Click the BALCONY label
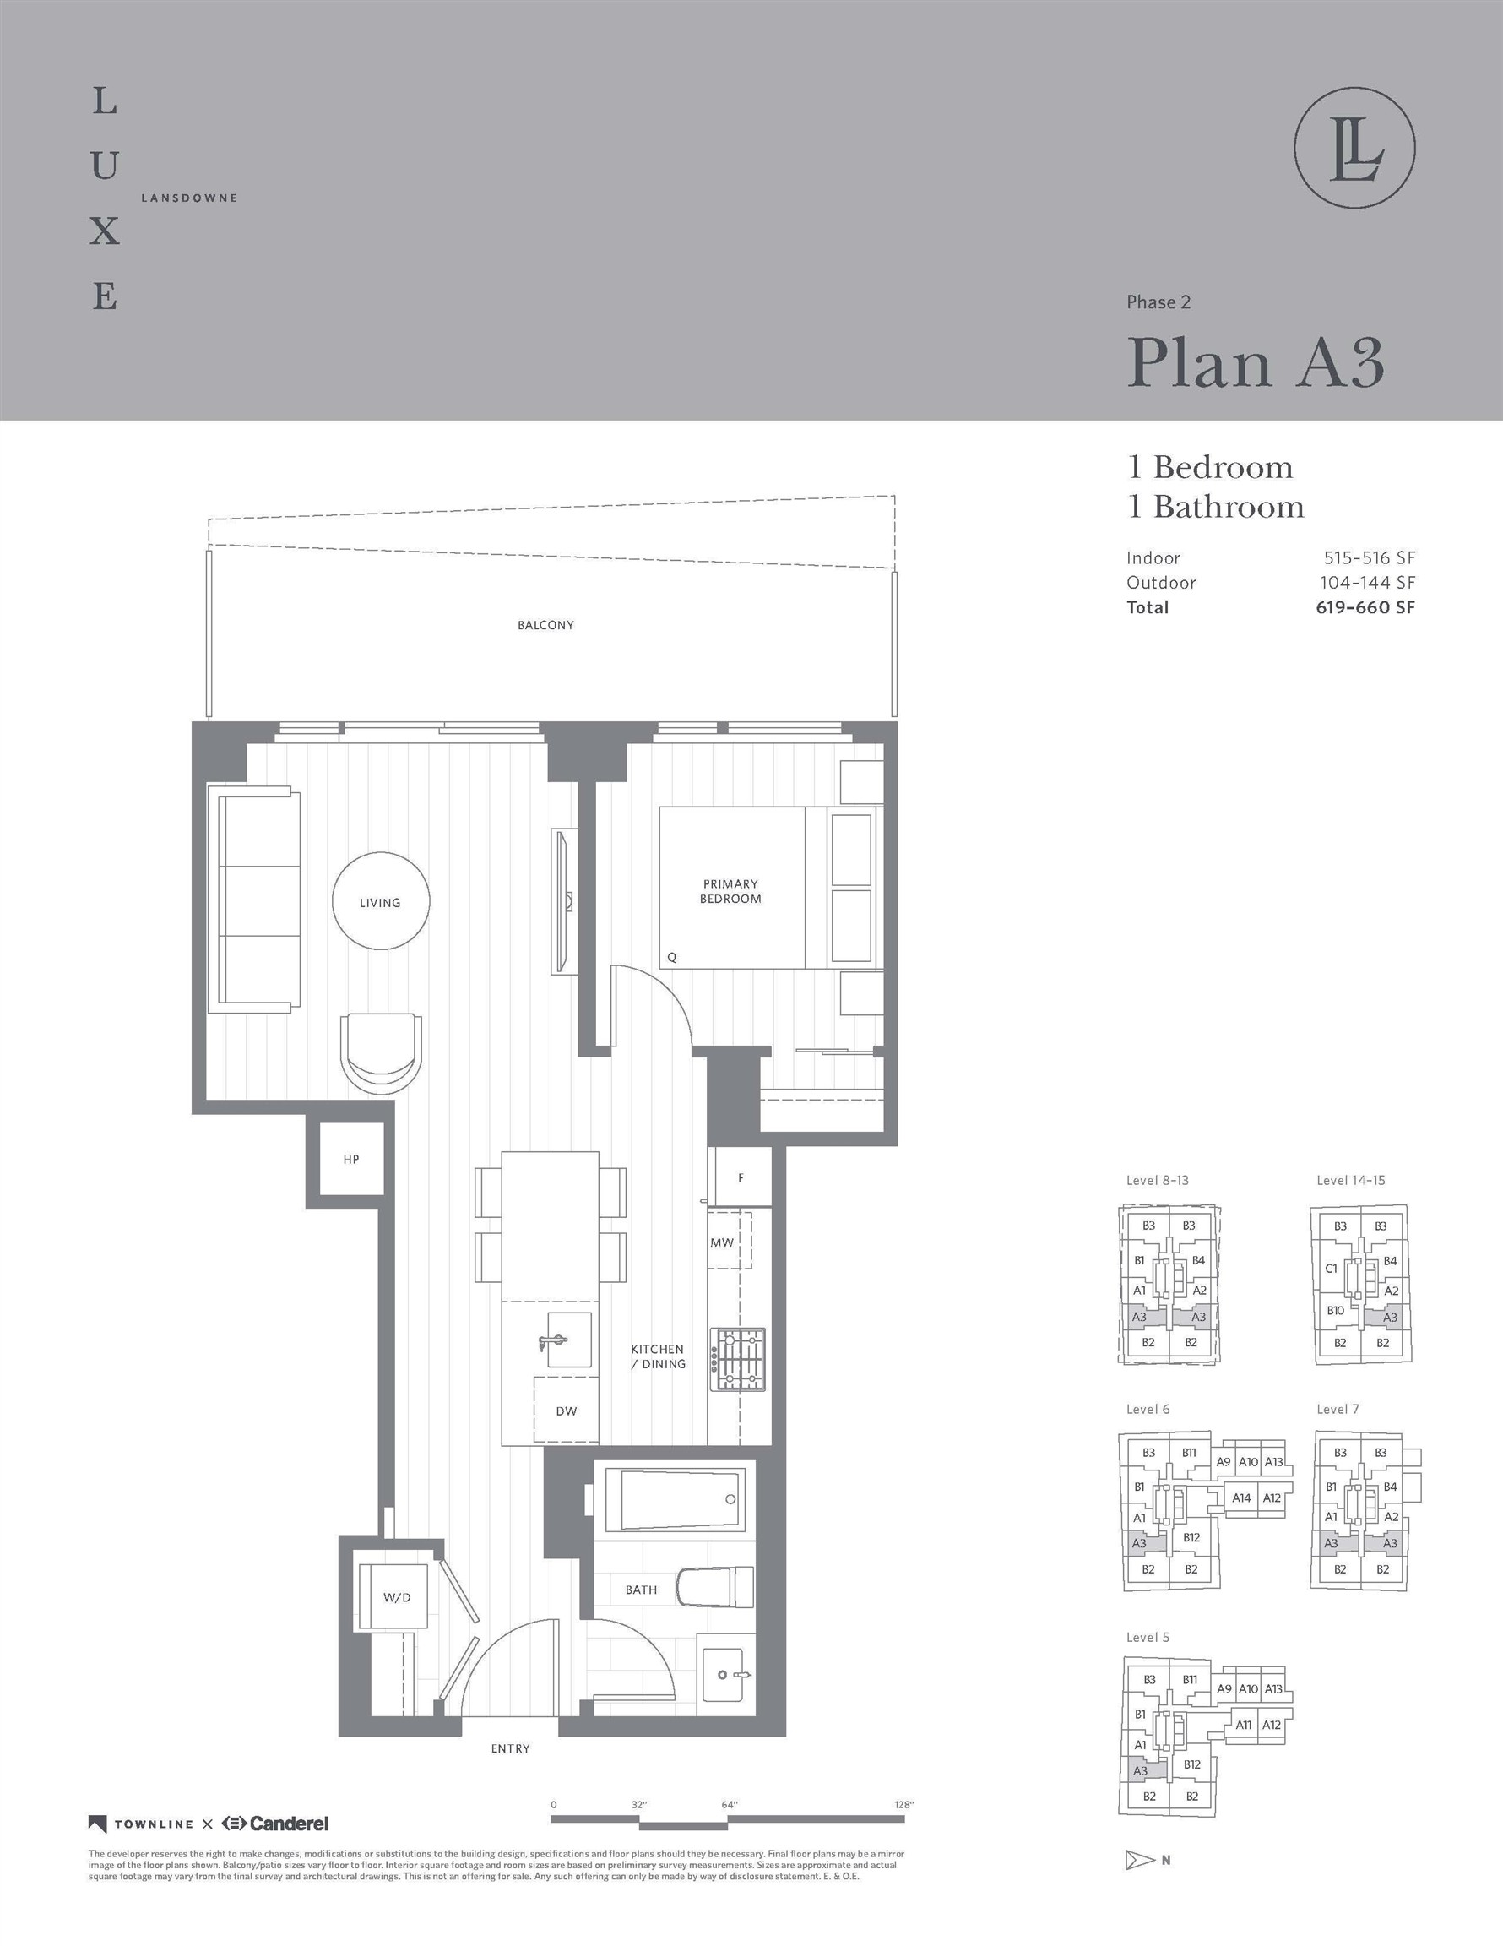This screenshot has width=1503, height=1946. pyautogui.click(x=545, y=626)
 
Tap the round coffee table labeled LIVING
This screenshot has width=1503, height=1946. pyautogui.click(x=381, y=902)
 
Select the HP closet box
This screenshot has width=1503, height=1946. pyautogui.click(x=351, y=1159)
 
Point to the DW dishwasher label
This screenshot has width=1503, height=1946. pyautogui.click(x=566, y=1411)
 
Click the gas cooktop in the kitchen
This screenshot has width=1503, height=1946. pyautogui.click(x=738, y=1360)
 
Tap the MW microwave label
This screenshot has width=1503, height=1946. pyautogui.click(x=722, y=1242)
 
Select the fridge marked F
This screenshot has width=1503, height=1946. pyautogui.click(x=740, y=1177)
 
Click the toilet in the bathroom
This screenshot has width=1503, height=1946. pyautogui.click(x=715, y=1588)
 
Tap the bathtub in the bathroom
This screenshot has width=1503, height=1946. pyautogui.click(x=675, y=1498)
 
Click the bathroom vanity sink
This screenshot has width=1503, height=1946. pyautogui.click(x=724, y=1676)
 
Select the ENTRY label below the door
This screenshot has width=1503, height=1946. pyautogui.click(x=510, y=1749)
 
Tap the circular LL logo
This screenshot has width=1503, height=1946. pyautogui.click(x=1354, y=148)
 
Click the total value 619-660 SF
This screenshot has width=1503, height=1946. pyautogui.click(x=1365, y=607)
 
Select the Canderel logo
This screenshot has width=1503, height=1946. pyautogui.click(x=275, y=1823)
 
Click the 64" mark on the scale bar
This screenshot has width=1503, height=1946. pyautogui.click(x=730, y=1805)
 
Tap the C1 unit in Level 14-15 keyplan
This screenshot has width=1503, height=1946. pyautogui.click(x=1331, y=1269)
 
